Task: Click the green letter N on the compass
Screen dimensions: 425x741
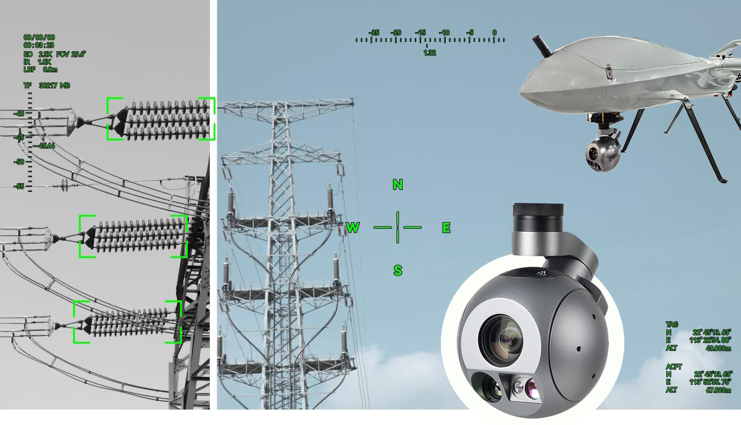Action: (x=398, y=184)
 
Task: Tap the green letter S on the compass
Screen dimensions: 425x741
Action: (x=398, y=270)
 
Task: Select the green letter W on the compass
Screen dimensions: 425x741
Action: (x=353, y=228)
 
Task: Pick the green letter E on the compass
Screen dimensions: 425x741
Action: (x=446, y=228)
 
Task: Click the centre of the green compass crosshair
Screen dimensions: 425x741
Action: (x=398, y=228)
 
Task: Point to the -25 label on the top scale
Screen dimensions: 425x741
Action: (x=374, y=33)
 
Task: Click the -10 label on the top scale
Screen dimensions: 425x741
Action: (x=443, y=33)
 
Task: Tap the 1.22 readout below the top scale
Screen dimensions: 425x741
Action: (x=430, y=53)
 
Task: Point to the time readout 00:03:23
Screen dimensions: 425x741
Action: (x=39, y=46)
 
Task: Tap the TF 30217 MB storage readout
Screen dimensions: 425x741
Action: (x=47, y=85)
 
